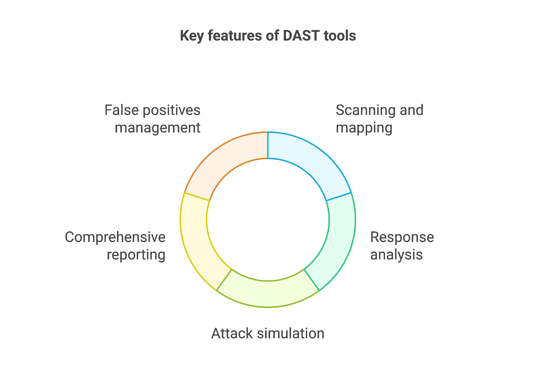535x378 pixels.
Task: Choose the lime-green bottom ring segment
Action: [268, 294]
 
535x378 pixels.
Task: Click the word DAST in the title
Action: [301, 35]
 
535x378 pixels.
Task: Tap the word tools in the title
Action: [340, 35]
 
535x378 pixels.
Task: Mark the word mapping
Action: [364, 128]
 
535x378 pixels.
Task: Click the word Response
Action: [402, 238]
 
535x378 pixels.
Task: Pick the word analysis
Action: [397, 255]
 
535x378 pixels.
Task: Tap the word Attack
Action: [232, 333]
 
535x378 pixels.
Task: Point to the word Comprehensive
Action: [115, 238]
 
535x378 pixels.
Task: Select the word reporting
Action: [136, 255]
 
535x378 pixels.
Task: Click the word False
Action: [122, 110]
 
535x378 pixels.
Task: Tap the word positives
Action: [172, 111]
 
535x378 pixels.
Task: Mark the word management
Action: [157, 128]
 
